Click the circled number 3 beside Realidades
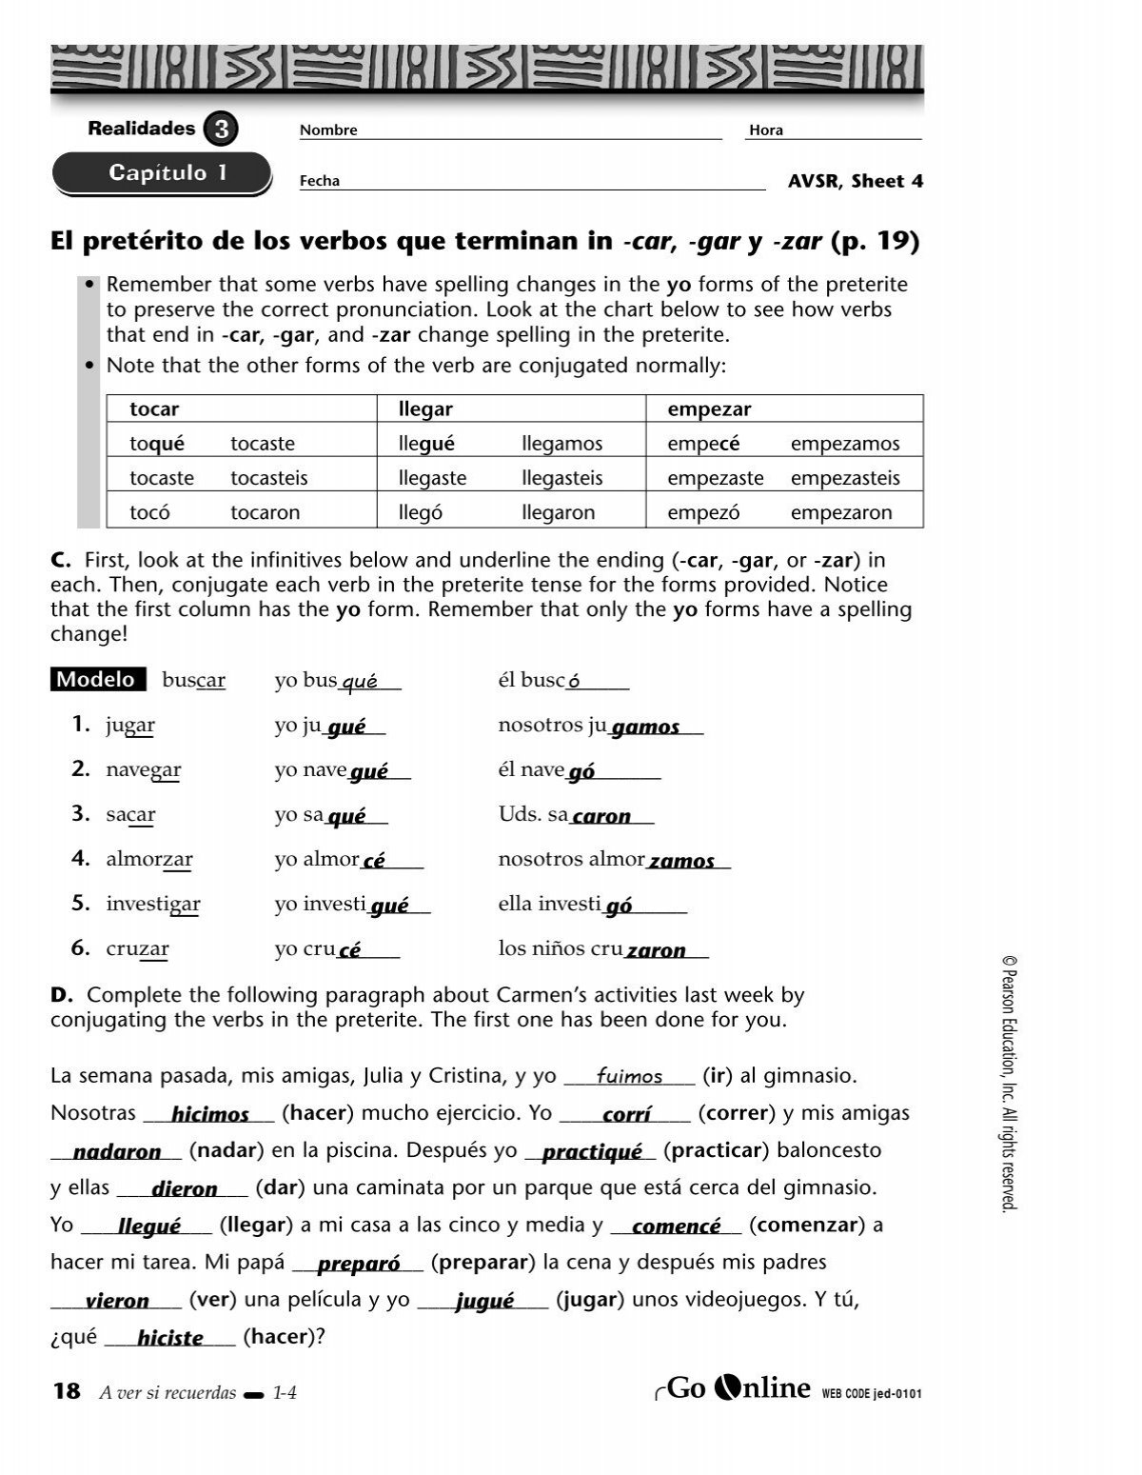tap(221, 130)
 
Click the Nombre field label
tap(328, 130)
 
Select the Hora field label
tap(765, 130)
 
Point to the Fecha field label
tap(320, 181)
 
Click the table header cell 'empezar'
tap(709, 409)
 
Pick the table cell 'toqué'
tap(157, 444)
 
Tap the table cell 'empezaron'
tap(841, 512)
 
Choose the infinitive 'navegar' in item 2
tap(144, 769)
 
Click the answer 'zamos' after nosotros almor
tap(681, 861)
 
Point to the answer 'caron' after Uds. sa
tap(601, 816)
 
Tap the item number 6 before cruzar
tap(80, 947)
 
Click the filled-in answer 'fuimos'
tap(629, 1077)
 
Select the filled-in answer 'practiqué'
tap(592, 1152)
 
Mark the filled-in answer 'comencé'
tap(676, 1226)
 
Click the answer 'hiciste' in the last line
tap(170, 1338)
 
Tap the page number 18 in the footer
tap(67, 1391)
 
